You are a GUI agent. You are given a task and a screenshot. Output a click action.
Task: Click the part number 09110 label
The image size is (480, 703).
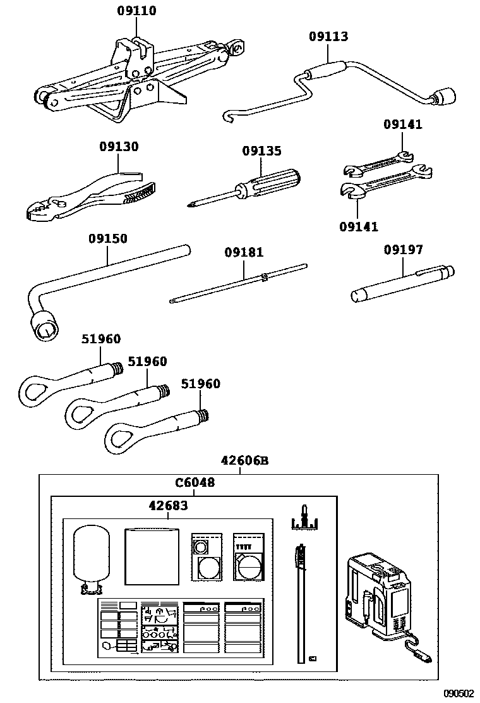coord(136,11)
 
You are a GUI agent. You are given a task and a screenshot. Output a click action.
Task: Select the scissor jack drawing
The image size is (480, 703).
coord(126,79)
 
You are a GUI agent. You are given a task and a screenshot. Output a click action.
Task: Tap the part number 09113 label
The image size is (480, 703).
coord(328,36)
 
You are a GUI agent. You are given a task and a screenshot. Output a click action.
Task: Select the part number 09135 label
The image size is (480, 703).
coord(261,151)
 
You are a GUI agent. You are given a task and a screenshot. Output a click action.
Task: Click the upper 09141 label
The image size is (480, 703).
coord(402,125)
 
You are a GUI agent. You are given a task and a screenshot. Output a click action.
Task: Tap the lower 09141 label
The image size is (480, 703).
coord(358,226)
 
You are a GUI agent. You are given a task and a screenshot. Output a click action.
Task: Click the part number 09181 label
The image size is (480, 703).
coord(244,252)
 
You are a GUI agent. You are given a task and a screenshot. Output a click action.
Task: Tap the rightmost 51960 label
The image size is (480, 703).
coord(201,384)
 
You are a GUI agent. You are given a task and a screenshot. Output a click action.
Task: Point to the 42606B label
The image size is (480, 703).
coord(244,460)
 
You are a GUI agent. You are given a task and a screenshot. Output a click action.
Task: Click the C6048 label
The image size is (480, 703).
coord(195,483)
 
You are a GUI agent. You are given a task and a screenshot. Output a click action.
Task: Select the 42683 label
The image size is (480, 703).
coord(167,505)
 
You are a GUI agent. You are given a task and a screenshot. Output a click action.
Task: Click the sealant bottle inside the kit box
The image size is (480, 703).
coord(92,556)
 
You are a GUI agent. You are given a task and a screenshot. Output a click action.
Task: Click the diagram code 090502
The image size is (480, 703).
coord(458,693)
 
